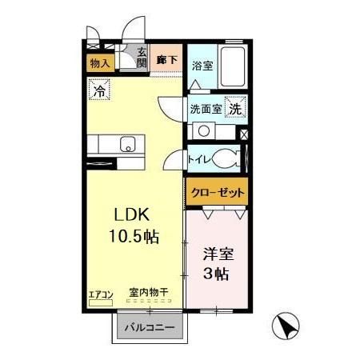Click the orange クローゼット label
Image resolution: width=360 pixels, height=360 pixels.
point(218,193)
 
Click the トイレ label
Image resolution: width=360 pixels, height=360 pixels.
point(198,158)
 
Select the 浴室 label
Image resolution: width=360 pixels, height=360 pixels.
point(202,66)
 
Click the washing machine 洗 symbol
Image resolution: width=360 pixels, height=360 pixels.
point(236,107)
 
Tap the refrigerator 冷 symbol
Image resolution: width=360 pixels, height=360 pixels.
point(99,91)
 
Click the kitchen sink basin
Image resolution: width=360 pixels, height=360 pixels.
point(126,145)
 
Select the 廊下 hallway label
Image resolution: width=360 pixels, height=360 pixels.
point(166,59)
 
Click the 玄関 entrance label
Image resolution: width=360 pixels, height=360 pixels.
point(142,60)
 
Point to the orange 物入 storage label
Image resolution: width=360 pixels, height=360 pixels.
point(99,63)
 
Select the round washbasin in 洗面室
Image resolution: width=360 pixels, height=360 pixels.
point(203,130)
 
